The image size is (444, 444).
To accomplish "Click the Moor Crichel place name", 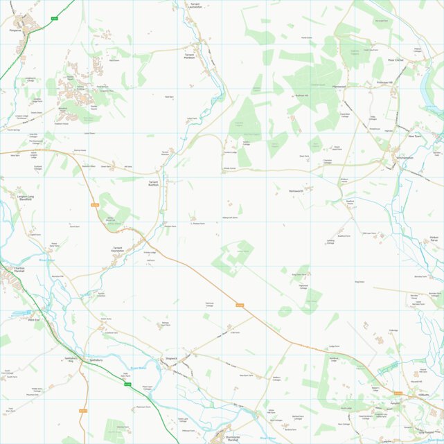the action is tap(396, 61).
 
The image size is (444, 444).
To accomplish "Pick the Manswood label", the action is tap(339, 86).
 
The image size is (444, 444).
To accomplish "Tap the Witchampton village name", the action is tap(405, 158).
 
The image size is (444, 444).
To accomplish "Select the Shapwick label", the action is tap(171, 358).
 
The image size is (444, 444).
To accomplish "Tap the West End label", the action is tap(33, 319).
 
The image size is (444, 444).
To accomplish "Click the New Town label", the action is tap(414, 136).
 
